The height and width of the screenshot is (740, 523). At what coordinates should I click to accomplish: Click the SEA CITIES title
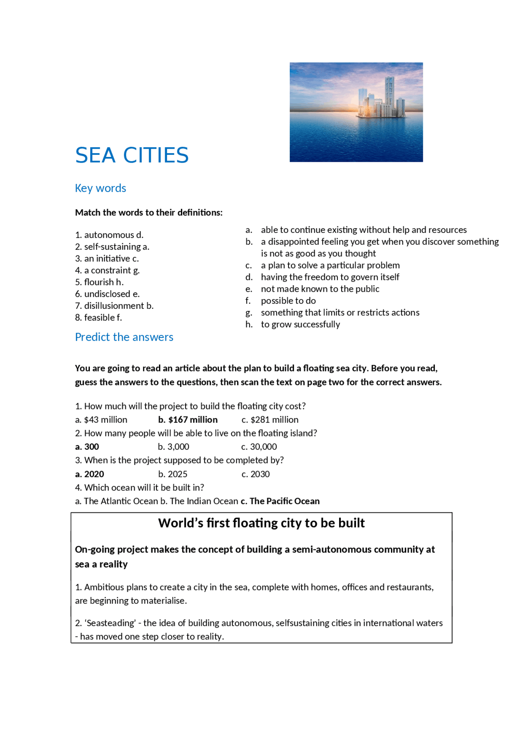tap(132, 155)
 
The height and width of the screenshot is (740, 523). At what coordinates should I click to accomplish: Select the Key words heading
tap(101, 188)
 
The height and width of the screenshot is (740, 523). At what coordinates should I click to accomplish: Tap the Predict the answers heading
tap(124, 337)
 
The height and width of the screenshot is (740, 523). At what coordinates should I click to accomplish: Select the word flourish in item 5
tap(99, 282)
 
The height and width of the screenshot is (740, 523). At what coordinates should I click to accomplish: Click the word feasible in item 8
tap(99, 317)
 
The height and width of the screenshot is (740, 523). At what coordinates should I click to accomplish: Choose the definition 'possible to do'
tap(288, 301)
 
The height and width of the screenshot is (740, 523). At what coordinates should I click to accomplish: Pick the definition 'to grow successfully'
tap(300, 324)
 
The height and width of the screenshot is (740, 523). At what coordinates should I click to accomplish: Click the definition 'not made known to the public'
tap(320, 289)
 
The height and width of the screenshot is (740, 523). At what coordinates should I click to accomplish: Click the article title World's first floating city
tap(261, 523)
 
